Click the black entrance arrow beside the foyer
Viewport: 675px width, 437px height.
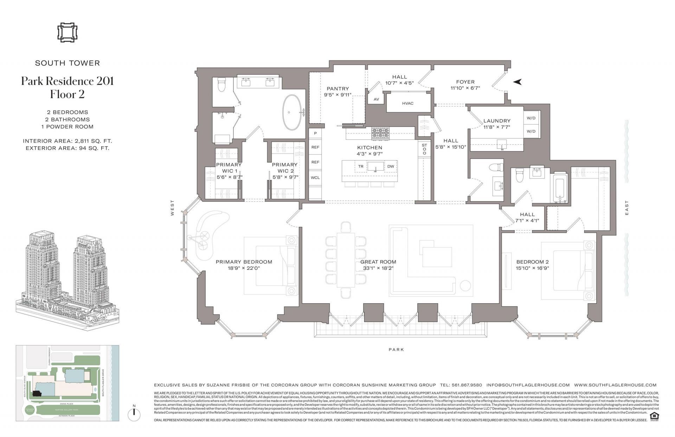517,82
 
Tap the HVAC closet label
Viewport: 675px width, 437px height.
407,103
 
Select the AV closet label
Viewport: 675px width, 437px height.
376,99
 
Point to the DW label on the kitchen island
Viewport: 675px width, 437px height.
391,166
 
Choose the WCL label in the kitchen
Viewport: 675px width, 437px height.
315,177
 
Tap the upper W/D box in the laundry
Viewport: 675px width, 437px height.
531,118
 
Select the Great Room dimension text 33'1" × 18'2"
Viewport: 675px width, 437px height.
378,268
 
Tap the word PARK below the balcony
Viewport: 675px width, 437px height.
396,349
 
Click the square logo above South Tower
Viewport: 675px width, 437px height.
67,33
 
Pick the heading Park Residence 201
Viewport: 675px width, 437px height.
67,81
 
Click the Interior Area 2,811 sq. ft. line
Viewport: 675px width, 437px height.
67,141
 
